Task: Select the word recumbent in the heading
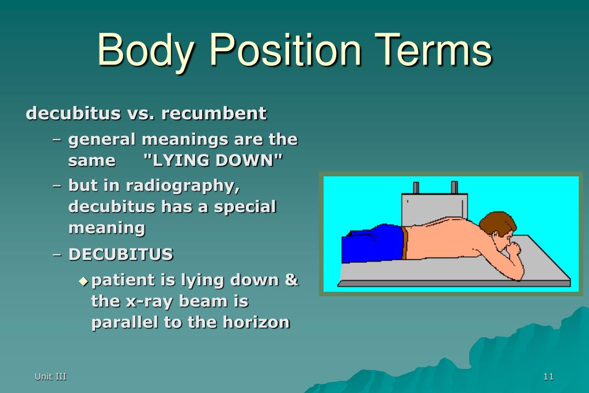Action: [x=214, y=113]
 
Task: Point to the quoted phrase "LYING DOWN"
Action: [x=213, y=161]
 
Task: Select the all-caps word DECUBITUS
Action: [x=120, y=255]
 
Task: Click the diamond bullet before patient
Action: [x=83, y=281]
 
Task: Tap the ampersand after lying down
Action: [x=291, y=280]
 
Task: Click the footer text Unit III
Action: [x=50, y=376]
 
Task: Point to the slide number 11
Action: [x=549, y=376]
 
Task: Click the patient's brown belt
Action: [x=404, y=243]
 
